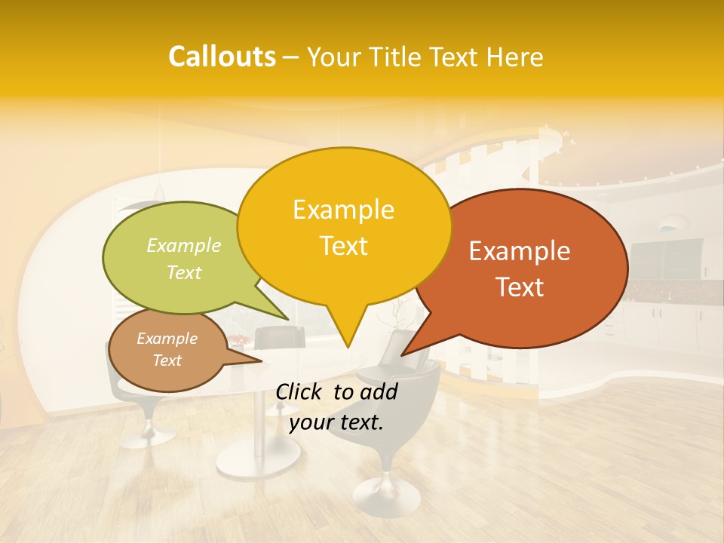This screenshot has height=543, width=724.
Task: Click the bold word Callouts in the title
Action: click(x=222, y=57)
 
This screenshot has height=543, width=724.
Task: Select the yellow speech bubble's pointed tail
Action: click(x=347, y=332)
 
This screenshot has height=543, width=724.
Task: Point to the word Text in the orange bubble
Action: click(x=520, y=287)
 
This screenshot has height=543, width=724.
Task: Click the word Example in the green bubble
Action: click(x=183, y=245)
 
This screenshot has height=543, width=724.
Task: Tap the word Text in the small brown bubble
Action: click(x=167, y=360)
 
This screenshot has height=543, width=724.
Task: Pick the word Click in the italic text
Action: click(x=299, y=391)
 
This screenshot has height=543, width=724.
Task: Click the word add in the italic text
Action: click(x=378, y=391)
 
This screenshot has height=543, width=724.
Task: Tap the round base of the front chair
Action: click(x=386, y=494)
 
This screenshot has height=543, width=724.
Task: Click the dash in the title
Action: click(x=291, y=57)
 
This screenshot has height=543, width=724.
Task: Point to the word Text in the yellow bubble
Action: click(x=343, y=246)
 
